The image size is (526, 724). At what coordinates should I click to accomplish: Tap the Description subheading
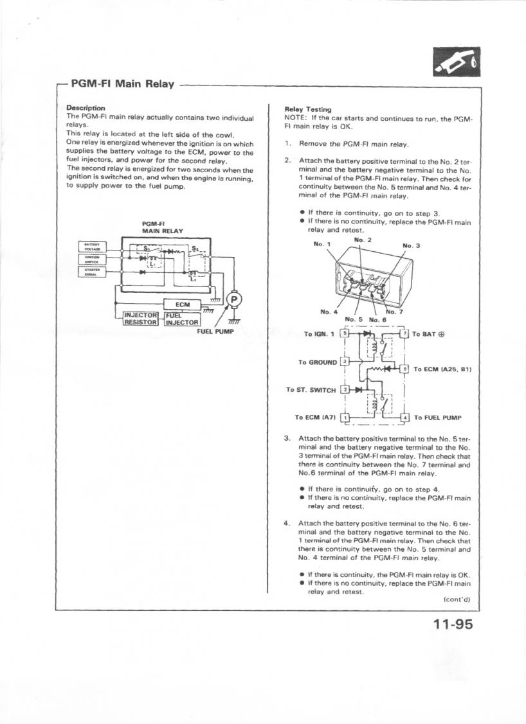tap(86, 108)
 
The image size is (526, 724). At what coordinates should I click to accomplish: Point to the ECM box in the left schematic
tap(183, 304)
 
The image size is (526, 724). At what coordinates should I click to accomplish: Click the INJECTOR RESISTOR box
tap(141, 319)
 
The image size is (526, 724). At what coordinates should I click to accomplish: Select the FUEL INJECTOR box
tap(183, 319)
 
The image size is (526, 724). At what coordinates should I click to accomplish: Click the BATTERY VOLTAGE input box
tap(92, 246)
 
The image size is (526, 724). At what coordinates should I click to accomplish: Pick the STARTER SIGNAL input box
tap(92, 272)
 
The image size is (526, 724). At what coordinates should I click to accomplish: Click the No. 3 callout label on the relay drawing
tap(411, 245)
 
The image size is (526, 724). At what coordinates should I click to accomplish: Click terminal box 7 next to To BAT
tap(404, 334)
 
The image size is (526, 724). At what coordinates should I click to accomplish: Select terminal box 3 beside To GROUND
tap(345, 362)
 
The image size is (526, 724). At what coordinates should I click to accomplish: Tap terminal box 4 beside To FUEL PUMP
tap(404, 418)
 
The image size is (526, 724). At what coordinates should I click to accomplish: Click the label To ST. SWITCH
tap(311, 390)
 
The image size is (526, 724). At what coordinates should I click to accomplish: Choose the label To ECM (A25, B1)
tap(442, 369)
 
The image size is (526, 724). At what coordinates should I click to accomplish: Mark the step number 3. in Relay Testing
tap(287, 439)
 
